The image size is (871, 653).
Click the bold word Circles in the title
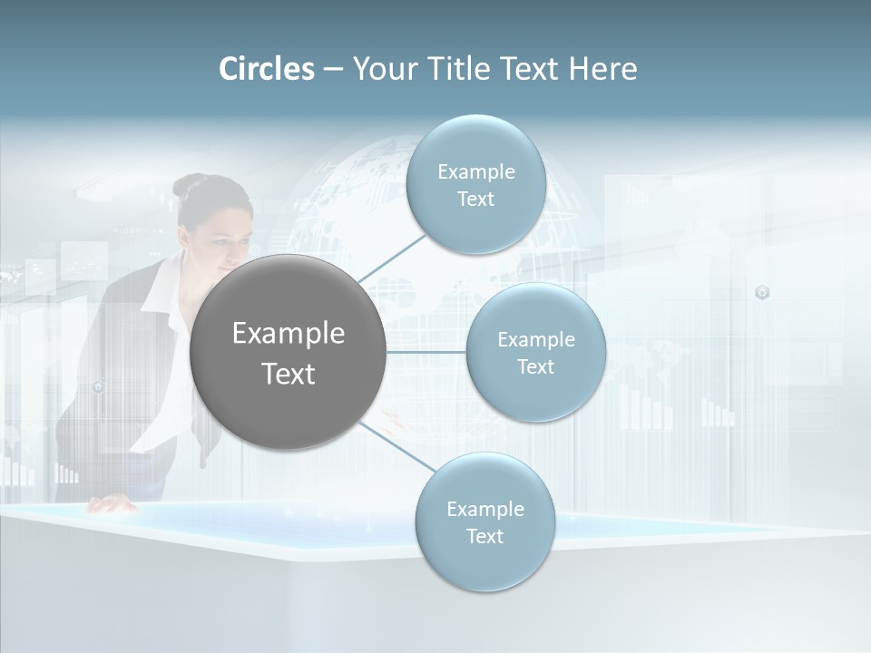(x=267, y=69)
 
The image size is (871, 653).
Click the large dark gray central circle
(x=288, y=352)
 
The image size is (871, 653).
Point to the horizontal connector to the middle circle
(x=426, y=352)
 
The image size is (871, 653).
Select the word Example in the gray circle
(x=288, y=334)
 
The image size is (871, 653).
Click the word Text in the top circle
(x=475, y=200)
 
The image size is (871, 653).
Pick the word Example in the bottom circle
(x=484, y=510)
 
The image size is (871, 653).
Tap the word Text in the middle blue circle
(x=535, y=367)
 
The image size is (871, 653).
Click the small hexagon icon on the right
(x=762, y=292)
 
